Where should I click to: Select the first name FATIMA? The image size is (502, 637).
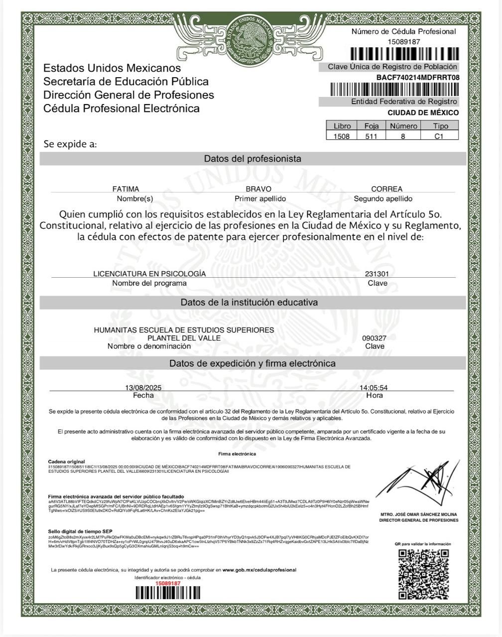[126, 189]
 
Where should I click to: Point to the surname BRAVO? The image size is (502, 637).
[258, 189]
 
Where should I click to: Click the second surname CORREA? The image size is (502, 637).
[386, 189]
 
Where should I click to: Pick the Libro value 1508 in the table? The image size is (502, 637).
[342, 136]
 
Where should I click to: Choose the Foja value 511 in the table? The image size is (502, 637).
[371, 136]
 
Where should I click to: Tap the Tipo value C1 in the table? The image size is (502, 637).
[439, 136]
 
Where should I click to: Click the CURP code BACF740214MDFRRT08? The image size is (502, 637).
[417, 77]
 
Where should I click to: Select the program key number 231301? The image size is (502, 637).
[377, 274]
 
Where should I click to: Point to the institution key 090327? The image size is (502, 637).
[374, 338]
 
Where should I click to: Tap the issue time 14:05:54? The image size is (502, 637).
[374, 388]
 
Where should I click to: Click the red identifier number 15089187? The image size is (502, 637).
[167, 583]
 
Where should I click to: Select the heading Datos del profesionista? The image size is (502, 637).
[252, 159]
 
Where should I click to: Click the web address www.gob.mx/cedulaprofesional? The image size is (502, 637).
[259, 570]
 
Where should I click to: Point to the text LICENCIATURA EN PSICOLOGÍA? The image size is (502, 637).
[149, 274]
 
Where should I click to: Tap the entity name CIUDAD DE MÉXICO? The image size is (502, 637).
[423, 112]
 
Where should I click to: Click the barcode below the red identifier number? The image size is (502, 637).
[167, 592]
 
